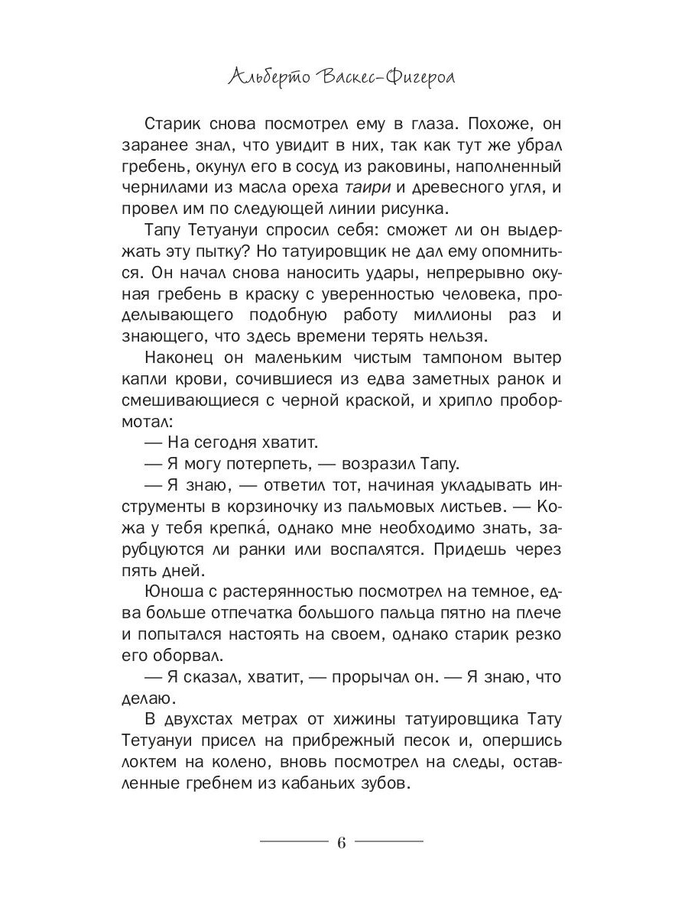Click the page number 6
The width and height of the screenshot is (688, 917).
pyautogui.click(x=342, y=841)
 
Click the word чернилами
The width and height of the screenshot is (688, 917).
pyautogui.click(x=157, y=192)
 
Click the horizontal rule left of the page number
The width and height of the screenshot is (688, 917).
pyautogui.click(x=294, y=841)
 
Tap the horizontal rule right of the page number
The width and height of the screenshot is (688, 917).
pyautogui.click(x=389, y=841)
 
